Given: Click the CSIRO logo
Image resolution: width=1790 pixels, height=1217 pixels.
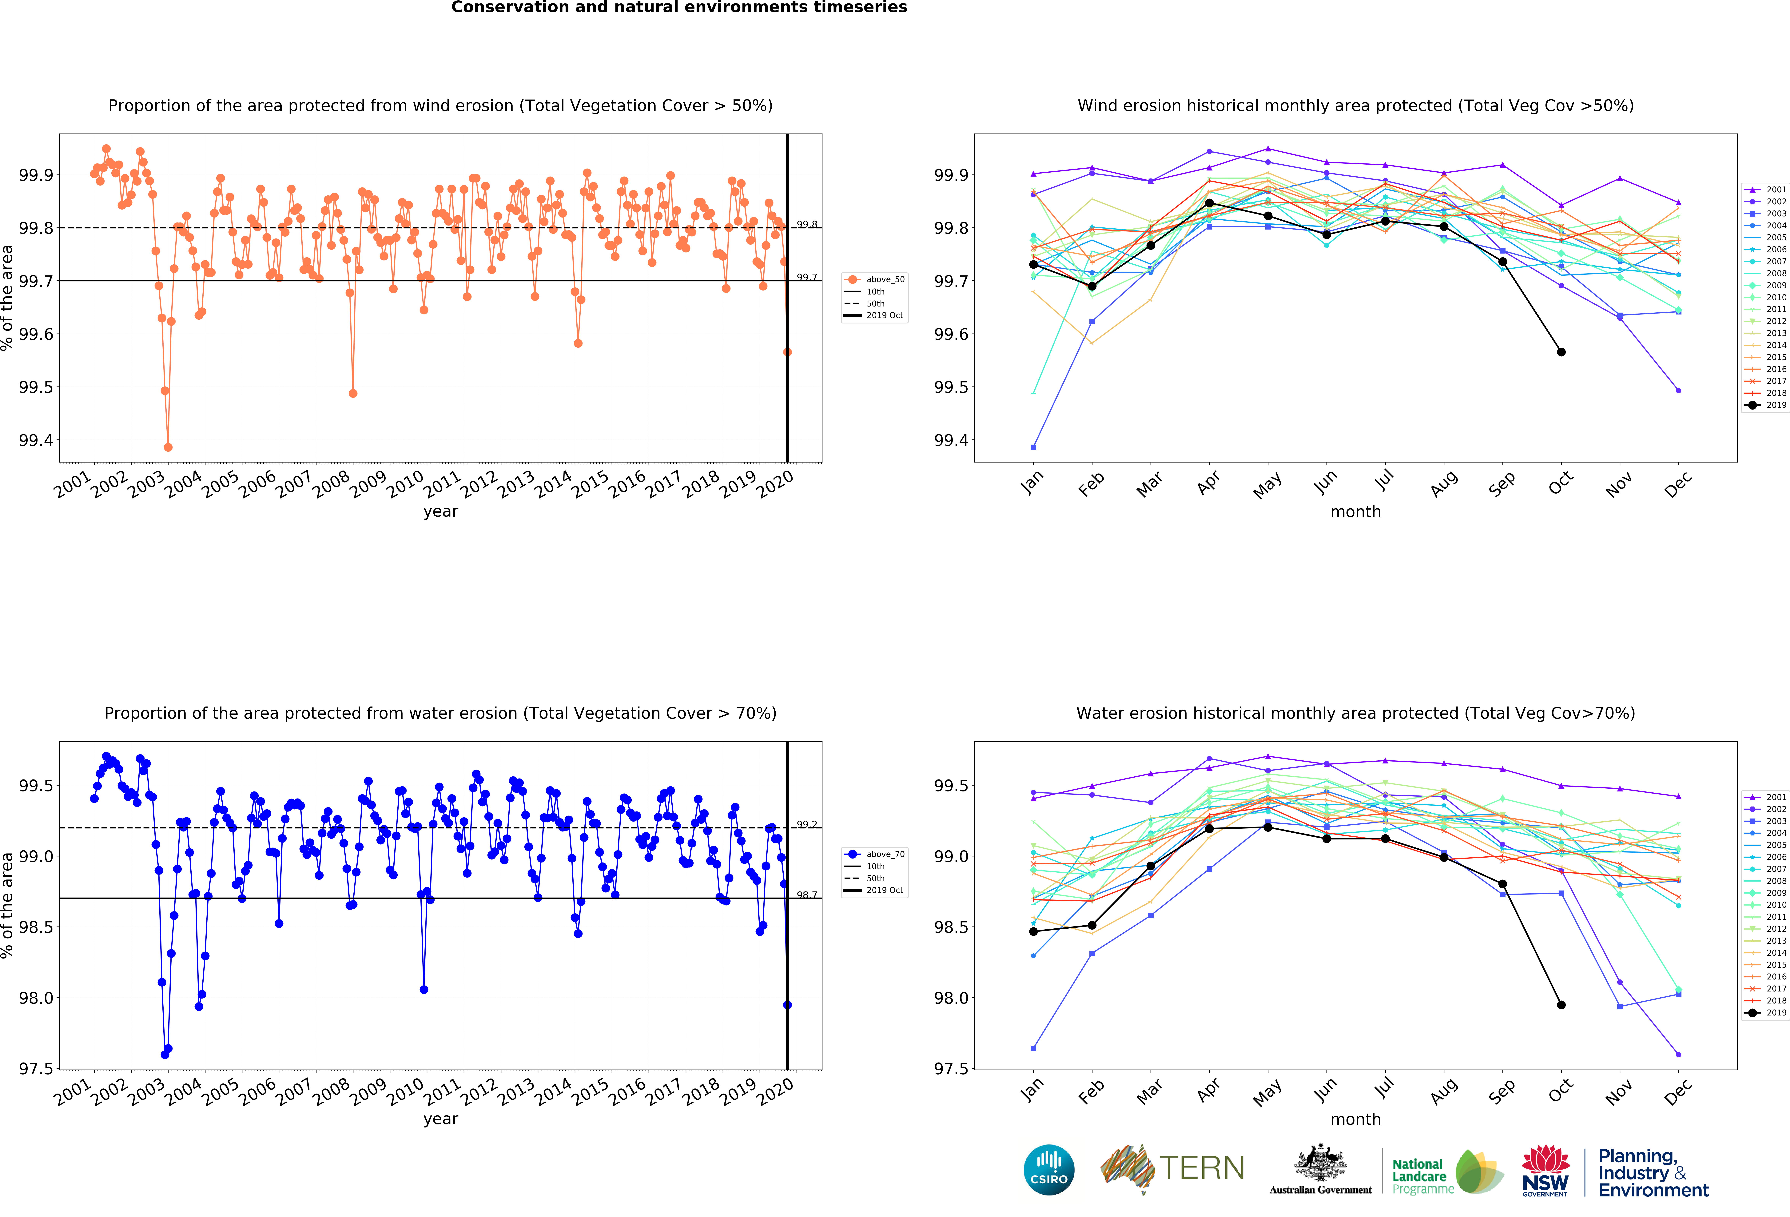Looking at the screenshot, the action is click(1049, 1169).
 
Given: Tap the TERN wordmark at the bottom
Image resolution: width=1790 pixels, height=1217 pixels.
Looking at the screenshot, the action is click(1202, 1168).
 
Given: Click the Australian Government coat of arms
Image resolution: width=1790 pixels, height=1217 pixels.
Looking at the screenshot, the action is click(1320, 1163).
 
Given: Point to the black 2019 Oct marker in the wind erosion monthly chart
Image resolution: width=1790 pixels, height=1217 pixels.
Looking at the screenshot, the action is click(1561, 352).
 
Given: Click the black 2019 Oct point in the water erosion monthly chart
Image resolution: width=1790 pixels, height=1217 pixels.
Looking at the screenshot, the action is click(1561, 1004).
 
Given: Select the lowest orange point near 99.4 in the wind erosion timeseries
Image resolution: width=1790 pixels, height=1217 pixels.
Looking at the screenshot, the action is click(168, 447).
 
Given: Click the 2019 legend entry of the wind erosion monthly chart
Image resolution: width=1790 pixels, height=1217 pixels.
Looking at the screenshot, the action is click(1765, 405).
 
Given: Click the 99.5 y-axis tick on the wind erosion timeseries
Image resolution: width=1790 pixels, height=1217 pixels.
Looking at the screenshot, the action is click(36, 387).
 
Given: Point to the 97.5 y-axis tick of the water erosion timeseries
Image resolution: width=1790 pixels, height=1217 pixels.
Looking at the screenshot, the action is click(36, 1069).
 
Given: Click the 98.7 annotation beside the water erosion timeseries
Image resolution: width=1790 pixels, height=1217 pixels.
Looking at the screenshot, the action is click(807, 895).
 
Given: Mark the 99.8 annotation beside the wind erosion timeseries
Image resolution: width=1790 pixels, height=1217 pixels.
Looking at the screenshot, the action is click(807, 224).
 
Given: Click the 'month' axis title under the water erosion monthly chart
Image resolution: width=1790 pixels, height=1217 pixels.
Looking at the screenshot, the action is click(1356, 1119).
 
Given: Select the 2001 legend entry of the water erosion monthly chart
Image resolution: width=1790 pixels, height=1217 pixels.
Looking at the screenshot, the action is click(1765, 797).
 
